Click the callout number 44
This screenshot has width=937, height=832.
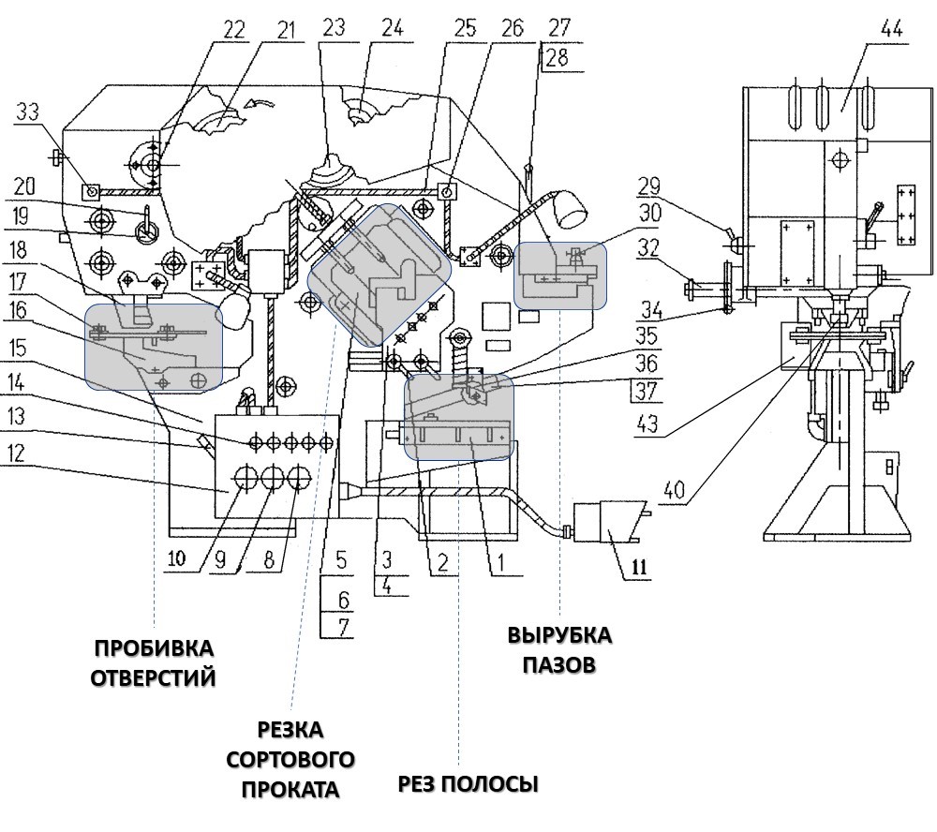(x=892, y=28)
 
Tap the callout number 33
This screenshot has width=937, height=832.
(x=27, y=111)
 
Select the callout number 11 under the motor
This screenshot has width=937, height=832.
(x=639, y=566)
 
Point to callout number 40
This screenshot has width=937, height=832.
(x=674, y=491)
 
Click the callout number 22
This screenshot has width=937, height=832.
(x=233, y=29)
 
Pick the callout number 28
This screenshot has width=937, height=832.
(x=557, y=58)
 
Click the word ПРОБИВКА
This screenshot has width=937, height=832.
(x=154, y=648)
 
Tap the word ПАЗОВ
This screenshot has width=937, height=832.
(x=559, y=664)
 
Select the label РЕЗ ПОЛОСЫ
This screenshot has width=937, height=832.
(x=468, y=783)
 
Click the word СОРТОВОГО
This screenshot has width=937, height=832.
(x=290, y=760)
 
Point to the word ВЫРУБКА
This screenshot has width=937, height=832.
(x=560, y=634)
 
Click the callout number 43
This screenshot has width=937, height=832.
(x=647, y=423)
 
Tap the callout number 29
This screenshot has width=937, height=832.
(x=648, y=186)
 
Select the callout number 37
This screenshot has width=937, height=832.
(x=646, y=392)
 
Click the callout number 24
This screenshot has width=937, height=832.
(x=393, y=27)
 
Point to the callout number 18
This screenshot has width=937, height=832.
(x=17, y=250)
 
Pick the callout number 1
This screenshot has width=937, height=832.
(x=500, y=562)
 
